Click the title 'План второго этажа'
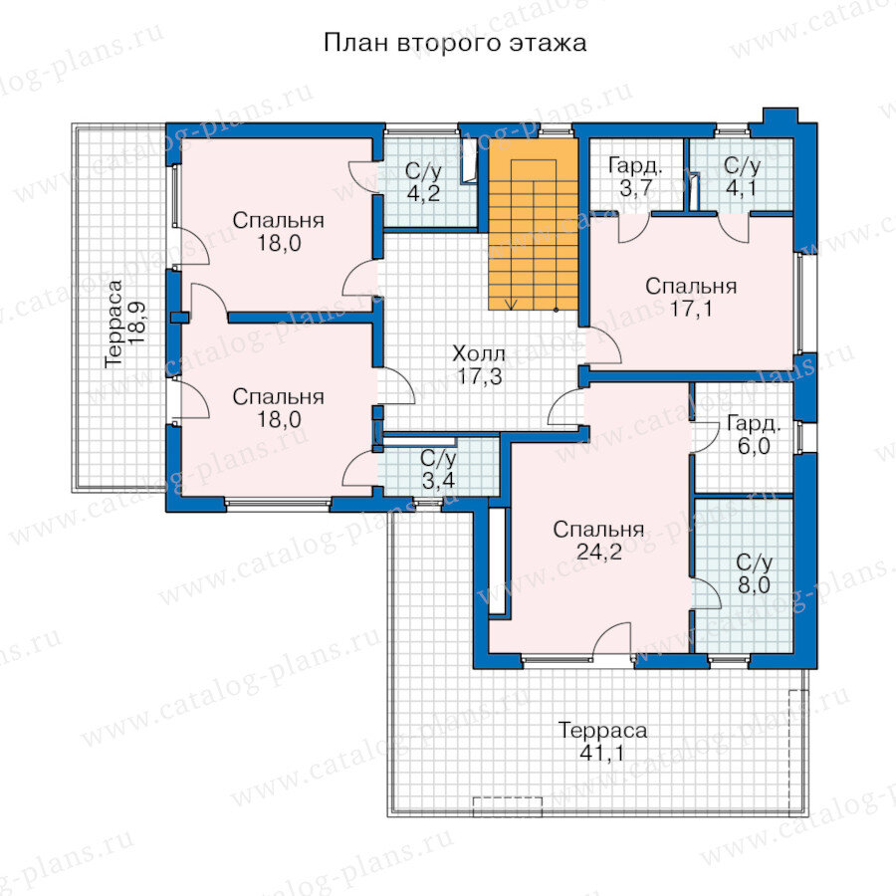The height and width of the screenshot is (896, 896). point(455,43)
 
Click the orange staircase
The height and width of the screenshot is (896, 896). point(534,224)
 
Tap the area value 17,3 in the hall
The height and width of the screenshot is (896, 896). point(480,376)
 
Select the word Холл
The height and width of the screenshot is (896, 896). point(479,353)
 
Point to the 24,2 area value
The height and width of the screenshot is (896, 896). point(599,552)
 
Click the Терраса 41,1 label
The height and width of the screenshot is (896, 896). point(602,742)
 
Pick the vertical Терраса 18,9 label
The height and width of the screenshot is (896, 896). point(125,323)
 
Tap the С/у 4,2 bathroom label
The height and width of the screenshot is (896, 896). point(423,182)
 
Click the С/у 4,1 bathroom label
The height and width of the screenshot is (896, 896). point(742,177)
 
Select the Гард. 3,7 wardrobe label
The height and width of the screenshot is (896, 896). point(635,177)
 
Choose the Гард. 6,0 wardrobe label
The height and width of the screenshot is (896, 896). point(754,435)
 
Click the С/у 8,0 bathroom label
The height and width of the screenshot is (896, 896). point(754,573)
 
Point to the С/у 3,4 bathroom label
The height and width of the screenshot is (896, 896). point(438,469)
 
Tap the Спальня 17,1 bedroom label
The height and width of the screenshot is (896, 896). point(691,297)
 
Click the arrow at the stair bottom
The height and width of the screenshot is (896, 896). point(512,304)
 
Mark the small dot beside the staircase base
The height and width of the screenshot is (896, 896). point(556,311)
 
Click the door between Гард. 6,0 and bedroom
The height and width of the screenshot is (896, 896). point(705,438)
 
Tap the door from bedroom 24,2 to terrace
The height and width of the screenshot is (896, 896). point(611,639)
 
